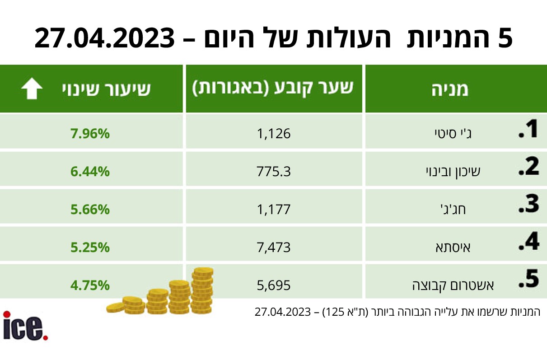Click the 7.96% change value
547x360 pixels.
(x=90, y=134)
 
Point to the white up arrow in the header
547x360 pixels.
(x=32, y=89)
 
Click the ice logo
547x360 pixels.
(x=25, y=326)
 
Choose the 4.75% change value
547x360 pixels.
(x=90, y=285)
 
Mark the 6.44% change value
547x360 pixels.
(x=90, y=172)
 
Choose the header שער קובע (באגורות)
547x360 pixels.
(x=274, y=89)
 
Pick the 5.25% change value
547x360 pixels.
(x=90, y=248)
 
